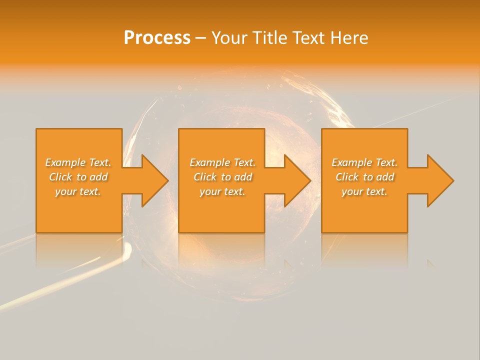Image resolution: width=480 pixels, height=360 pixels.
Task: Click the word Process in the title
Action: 157,38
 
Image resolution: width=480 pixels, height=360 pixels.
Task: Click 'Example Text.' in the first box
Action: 78,162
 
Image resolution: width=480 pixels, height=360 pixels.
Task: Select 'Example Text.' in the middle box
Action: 222,162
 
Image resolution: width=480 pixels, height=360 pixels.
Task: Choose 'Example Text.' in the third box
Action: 364,162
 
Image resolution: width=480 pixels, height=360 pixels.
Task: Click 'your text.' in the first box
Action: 78,191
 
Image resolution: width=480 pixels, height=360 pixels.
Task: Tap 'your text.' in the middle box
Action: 222,191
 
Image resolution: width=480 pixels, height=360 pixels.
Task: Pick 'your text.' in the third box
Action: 364,191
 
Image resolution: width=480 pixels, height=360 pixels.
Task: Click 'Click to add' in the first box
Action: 78,177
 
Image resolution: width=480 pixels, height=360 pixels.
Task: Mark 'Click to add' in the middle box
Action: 222,177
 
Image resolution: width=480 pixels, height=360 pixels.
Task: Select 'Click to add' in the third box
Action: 364,177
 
